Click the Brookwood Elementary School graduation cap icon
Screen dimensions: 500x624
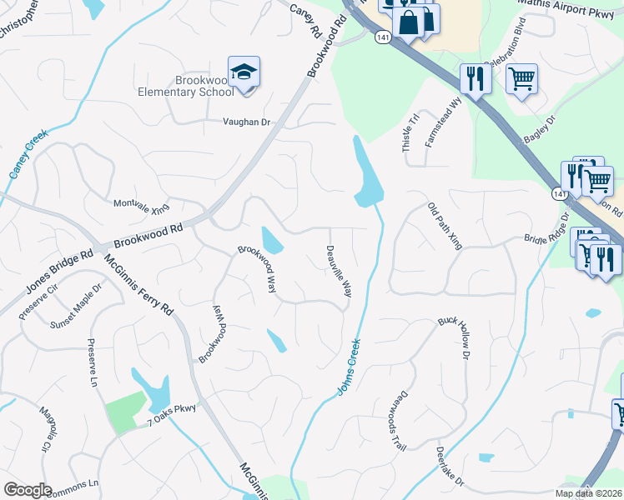coord(244,72)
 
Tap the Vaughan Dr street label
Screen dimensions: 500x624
coord(247,122)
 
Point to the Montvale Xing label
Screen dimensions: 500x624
coord(141,205)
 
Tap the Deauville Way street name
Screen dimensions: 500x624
coord(340,271)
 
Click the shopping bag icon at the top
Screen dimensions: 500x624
coord(410,22)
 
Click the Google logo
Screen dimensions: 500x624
coord(28,490)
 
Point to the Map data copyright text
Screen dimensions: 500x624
coord(587,493)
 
